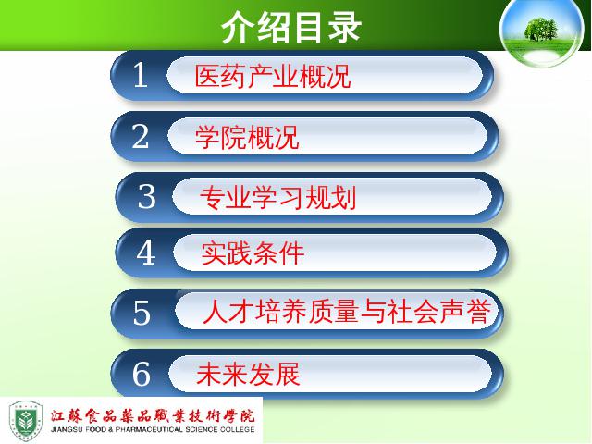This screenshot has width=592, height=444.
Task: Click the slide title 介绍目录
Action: [291, 27]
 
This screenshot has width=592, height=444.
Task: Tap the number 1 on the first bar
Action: [141, 75]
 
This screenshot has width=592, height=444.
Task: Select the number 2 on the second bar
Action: [141, 136]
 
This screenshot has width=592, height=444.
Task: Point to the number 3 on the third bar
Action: [146, 196]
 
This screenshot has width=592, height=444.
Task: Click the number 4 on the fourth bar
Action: [146, 253]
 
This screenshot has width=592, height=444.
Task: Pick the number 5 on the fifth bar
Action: [142, 313]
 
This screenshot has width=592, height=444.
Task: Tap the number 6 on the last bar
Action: [142, 373]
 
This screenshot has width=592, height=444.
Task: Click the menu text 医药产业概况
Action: [273, 76]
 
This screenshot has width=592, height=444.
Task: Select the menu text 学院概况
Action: [247, 137]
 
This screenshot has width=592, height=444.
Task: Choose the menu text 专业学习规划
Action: [277, 197]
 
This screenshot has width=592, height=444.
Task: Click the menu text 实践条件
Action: [253, 253]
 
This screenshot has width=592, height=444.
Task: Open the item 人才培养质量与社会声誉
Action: [347, 312]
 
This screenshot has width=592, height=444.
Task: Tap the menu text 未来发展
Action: [248, 374]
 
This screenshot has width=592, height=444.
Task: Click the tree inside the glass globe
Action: [540, 29]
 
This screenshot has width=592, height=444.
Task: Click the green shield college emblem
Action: [26, 421]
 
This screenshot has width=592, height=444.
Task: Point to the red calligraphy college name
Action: [153, 415]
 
